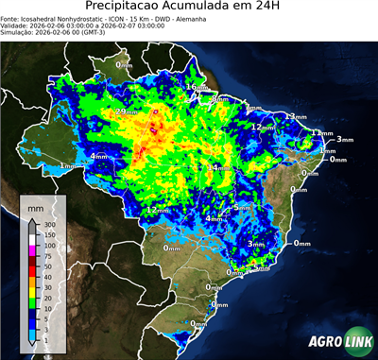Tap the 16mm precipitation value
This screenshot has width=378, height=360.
point(196,87)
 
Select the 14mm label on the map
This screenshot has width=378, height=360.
point(219,167)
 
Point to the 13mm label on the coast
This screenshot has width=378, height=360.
point(297,116)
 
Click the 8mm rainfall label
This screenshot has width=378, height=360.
point(219,98)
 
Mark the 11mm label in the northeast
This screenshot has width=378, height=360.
point(322,133)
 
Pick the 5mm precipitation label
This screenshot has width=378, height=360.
point(242,206)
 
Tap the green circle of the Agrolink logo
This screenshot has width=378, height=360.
point(361,342)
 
